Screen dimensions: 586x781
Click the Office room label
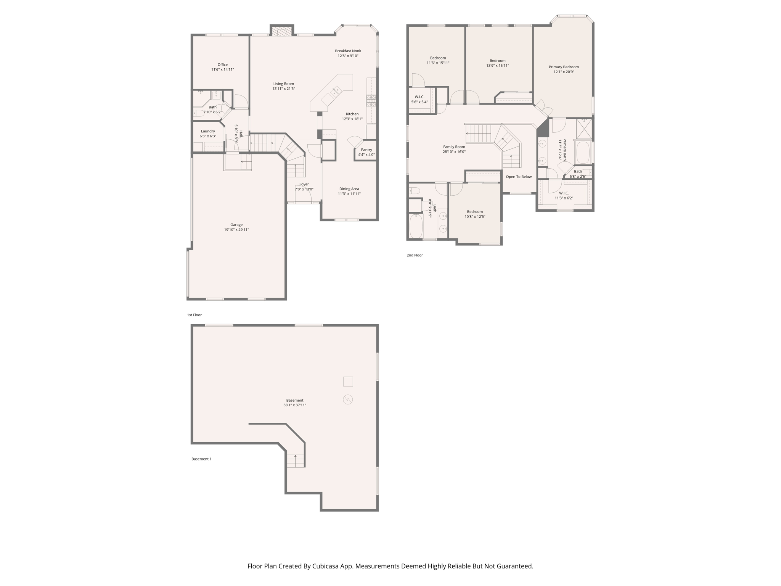[x=222, y=65]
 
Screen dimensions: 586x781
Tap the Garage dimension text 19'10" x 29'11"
[x=236, y=230]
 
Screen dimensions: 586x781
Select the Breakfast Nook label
[x=348, y=51]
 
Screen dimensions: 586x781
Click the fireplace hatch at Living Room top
[x=281, y=31]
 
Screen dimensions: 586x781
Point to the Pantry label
[x=366, y=150]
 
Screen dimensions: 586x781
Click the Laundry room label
[x=208, y=131]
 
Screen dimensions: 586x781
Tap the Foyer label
[x=304, y=184]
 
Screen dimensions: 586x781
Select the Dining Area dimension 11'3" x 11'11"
[x=349, y=194]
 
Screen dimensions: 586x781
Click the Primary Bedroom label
[x=564, y=67]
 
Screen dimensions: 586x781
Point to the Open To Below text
[x=519, y=177]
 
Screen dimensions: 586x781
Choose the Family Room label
[x=454, y=147]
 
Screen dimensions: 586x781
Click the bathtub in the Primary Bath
[x=583, y=153]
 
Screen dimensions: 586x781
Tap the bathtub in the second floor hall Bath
[x=416, y=226]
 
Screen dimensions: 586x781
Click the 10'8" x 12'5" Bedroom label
[x=475, y=212]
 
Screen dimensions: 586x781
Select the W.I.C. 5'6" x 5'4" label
[x=419, y=97]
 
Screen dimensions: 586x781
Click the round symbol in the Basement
[x=348, y=399]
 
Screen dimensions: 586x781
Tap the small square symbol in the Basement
[x=348, y=382]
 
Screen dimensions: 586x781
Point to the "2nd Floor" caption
[x=415, y=255]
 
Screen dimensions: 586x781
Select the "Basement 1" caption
[x=201, y=459]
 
